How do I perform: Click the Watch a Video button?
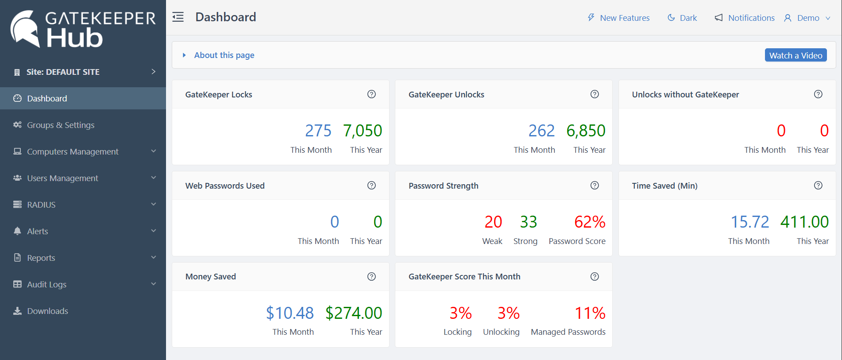(x=796, y=55)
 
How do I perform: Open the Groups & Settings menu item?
(x=61, y=125)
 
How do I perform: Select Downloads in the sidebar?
(x=47, y=311)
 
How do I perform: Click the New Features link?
(x=624, y=18)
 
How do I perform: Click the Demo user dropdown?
(x=807, y=18)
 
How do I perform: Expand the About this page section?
(x=224, y=55)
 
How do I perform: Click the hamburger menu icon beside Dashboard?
(x=178, y=17)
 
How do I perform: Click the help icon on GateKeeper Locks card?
(x=371, y=94)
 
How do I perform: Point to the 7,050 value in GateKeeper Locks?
(x=362, y=131)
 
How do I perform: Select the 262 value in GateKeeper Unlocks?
(x=541, y=131)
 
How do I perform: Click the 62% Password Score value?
(x=589, y=222)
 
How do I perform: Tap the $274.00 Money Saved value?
(x=353, y=313)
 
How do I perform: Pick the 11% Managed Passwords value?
(x=589, y=313)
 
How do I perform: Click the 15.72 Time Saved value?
(x=749, y=222)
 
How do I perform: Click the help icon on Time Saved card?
(x=818, y=185)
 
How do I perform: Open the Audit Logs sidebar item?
(x=46, y=284)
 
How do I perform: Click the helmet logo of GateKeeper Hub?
(x=25, y=29)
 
